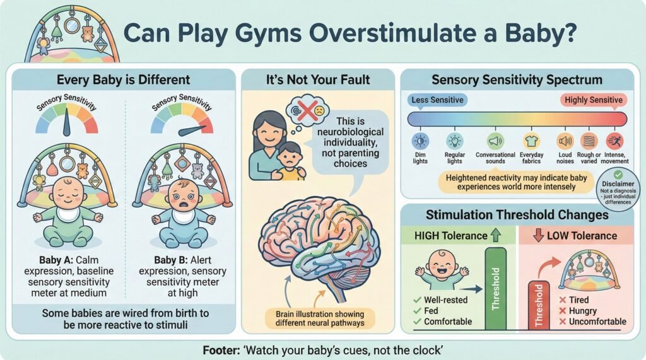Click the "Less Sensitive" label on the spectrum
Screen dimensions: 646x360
pyautogui.click(x=437, y=100)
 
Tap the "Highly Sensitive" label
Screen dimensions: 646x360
pyautogui.click(x=593, y=100)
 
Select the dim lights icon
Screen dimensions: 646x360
pyautogui.click(x=420, y=141)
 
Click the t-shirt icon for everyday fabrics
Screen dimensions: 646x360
pyautogui.click(x=531, y=141)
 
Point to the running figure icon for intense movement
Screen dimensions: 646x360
pyautogui.click(x=614, y=141)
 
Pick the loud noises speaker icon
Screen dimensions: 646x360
pyautogui.click(x=565, y=141)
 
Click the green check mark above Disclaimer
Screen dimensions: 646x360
pyautogui.click(x=618, y=175)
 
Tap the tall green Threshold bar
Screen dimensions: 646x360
pyautogui.click(x=496, y=288)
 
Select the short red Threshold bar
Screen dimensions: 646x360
pyautogui.click(x=539, y=305)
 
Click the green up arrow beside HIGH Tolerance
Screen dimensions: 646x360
pyautogui.click(x=496, y=235)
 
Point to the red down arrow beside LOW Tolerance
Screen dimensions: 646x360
pyautogui.click(x=538, y=235)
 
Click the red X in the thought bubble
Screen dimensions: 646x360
pyautogui.click(x=307, y=110)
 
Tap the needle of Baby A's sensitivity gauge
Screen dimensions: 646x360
pyautogui.click(x=66, y=125)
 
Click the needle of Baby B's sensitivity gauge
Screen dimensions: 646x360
pyautogui.click(x=192, y=130)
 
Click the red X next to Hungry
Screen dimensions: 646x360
pyautogui.click(x=562, y=311)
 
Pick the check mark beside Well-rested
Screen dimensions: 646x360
pyautogui.click(x=417, y=300)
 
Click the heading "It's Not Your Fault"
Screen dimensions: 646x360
pyautogui.click(x=318, y=79)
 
